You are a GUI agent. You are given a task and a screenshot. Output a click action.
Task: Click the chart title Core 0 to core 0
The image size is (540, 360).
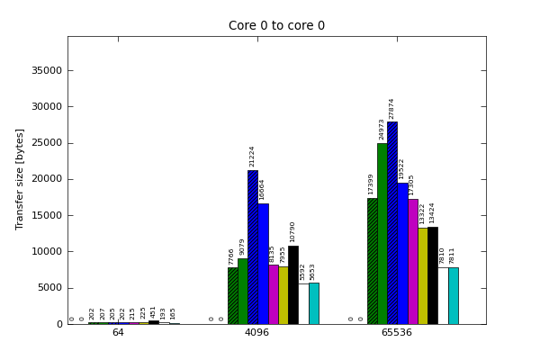click(276, 26)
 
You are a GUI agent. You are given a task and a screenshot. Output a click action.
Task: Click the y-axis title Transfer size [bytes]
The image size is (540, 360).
click(20, 179)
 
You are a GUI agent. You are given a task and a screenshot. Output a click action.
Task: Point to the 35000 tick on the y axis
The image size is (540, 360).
click(48, 70)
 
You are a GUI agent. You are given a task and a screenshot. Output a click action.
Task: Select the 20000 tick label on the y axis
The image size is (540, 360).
click(48, 179)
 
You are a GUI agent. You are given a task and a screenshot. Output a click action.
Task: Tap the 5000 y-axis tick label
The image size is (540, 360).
click(50, 288)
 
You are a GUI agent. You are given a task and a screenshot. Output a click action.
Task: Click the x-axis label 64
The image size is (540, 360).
click(118, 333)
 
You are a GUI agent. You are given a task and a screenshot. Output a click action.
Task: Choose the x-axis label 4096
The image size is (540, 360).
click(257, 333)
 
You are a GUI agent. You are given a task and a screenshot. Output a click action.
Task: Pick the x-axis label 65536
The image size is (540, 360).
click(397, 333)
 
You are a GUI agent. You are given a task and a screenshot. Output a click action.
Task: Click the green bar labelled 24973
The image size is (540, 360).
click(382, 234)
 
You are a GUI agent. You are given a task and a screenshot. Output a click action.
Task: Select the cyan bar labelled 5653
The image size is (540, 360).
click(313, 303)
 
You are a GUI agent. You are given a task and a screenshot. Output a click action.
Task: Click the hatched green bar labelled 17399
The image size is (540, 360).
click(372, 261)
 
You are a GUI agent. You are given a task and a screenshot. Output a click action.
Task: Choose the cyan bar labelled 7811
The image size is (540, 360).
click(453, 296)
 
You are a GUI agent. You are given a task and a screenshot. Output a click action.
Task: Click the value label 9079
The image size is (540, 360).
click(243, 247)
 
